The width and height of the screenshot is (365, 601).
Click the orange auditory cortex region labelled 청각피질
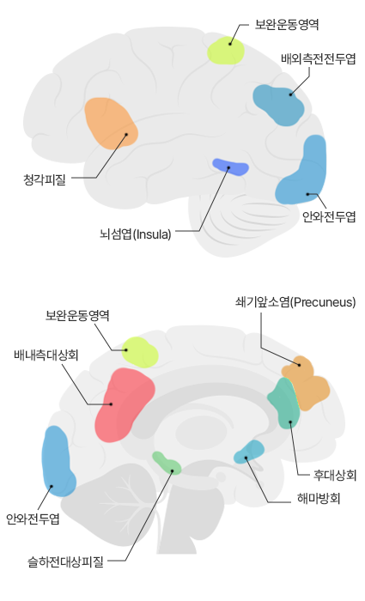pyautogui.click(x=111, y=124)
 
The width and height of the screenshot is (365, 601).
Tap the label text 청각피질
pyautogui.click(x=45, y=179)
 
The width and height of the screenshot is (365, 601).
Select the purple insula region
pyautogui.click(x=230, y=167)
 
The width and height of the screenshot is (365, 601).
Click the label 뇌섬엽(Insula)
pyautogui.click(x=136, y=234)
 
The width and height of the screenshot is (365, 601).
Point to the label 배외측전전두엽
pyautogui.click(x=319, y=59)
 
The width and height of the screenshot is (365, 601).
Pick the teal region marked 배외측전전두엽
pyautogui.click(x=279, y=105)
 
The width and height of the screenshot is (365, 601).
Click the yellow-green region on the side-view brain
pyautogui.click(x=226, y=50)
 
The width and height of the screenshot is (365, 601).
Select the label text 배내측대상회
pyautogui.click(x=46, y=355)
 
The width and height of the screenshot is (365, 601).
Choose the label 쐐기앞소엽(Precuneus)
pyautogui.click(x=295, y=302)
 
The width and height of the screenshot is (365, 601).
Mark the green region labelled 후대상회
pyautogui.click(x=284, y=404)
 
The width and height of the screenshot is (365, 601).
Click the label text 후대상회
pyautogui.click(x=335, y=475)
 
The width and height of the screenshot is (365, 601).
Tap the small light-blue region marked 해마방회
pyautogui.click(x=249, y=452)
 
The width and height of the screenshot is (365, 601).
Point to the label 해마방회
pyautogui.click(x=319, y=499)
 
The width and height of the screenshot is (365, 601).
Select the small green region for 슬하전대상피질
pyautogui.click(x=167, y=463)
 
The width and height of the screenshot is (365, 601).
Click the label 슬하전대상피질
pyautogui.click(x=65, y=562)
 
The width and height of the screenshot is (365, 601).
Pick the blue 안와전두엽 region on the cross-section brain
pyautogui.click(x=58, y=462)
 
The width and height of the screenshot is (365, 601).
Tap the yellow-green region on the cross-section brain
pyautogui.click(x=139, y=352)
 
